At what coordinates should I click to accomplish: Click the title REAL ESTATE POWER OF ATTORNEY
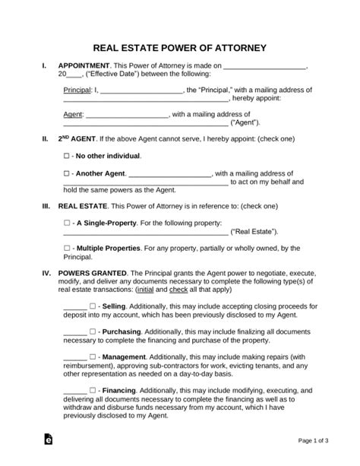coord(179,47)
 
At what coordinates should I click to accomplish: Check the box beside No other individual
coord(67,155)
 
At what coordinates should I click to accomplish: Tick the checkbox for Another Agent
coord(67,173)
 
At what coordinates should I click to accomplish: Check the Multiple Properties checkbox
coord(67,248)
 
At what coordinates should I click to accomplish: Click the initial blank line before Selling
coord(74,306)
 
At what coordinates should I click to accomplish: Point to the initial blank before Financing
coord(74,390)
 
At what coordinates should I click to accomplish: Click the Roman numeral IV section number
coord(46,273)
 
